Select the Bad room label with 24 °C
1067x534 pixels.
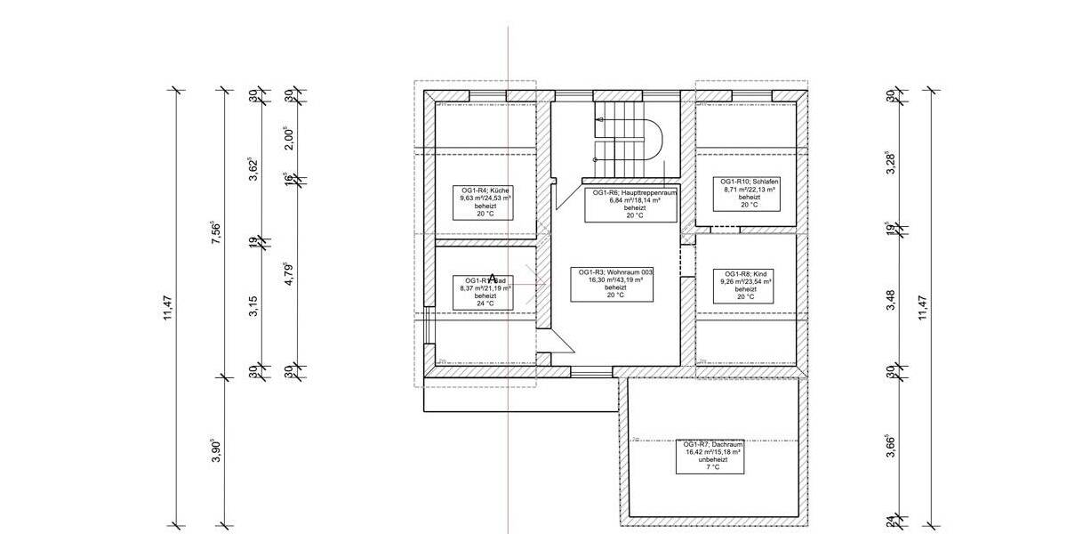(485, 291)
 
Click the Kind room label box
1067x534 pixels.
(746, 286)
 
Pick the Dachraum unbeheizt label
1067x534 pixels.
(713, 455)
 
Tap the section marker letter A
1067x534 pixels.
(493, 279)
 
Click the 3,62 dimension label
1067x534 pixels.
(253, 169)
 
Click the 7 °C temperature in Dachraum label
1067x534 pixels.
(713, 467)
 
